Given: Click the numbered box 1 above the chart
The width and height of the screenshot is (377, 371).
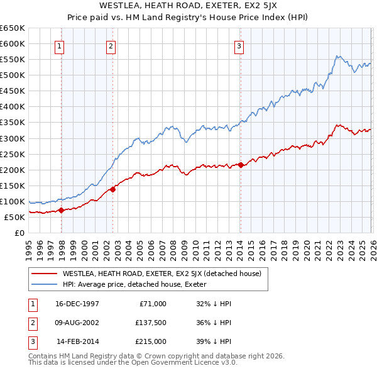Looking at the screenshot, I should coord(58,45).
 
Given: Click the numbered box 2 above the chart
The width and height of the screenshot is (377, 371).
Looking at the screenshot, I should coord(111,45).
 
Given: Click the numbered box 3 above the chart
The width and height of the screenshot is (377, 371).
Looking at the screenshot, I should coord(239,45).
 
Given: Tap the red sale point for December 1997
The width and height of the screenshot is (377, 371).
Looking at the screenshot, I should coord(62,210).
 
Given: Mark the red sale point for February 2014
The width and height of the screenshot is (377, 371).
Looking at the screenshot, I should coord(241,165).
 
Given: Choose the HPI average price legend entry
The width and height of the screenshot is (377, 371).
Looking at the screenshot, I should coord(138,284).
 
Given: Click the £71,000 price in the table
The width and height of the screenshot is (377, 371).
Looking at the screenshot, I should coord(153,304).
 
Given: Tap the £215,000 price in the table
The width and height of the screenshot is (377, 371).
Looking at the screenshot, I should coord(151,341).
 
